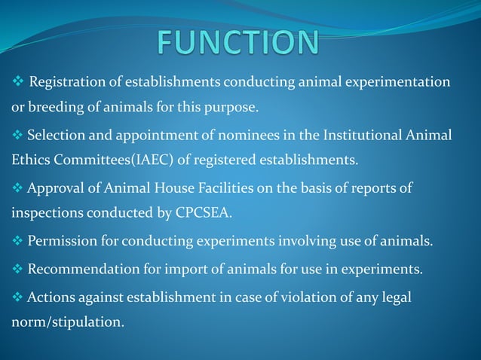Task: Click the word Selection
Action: [54, 135]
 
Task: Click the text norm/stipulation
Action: [67, 323]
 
